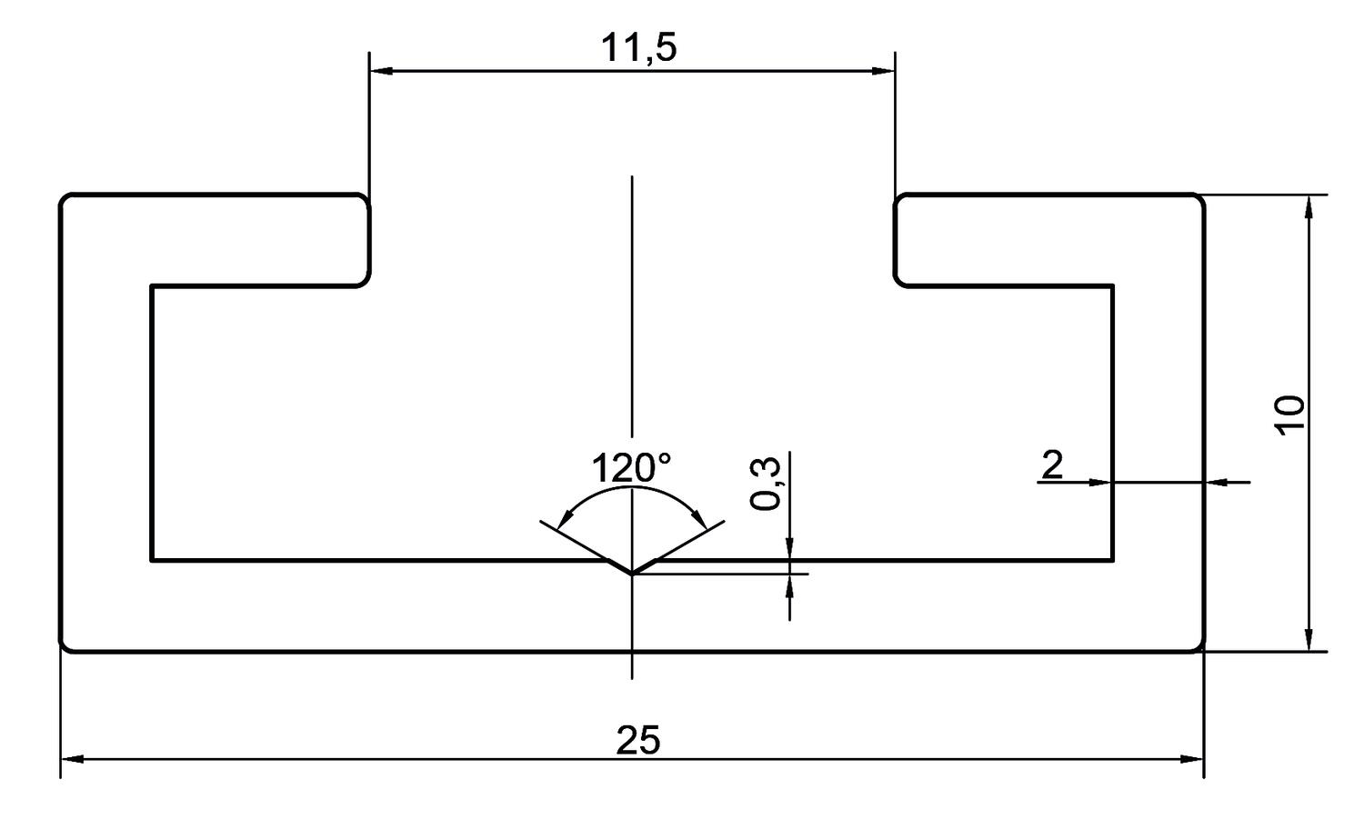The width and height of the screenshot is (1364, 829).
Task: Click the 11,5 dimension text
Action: click(x=638, y=48)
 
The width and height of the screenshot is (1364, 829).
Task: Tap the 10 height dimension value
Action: click(x=1289, y=415)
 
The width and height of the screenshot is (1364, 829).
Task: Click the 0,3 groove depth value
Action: click(x=767, y=484)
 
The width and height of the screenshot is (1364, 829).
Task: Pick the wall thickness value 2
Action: click(x=1051, y=464)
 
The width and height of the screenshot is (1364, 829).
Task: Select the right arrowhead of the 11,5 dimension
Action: click(x=883, y=70)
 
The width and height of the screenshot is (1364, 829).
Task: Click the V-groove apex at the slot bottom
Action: click(x=632, y=574)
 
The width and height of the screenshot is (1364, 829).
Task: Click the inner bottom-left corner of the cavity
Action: click(x=153, y=559)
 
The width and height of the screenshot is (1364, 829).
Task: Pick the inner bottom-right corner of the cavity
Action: click(x=1112, y=559)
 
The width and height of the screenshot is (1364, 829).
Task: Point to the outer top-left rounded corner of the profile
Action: click(x=65, y=199)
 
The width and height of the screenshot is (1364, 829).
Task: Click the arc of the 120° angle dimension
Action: click(x=632, y=488)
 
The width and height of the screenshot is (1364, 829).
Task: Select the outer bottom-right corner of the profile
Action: click(x=1199, y=647)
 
